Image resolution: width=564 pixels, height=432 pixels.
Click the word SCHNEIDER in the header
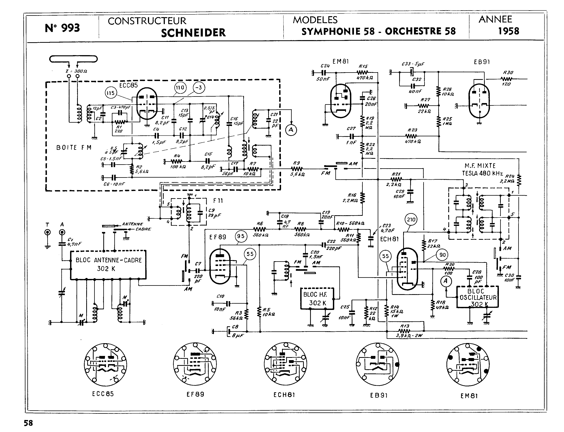(193, 33)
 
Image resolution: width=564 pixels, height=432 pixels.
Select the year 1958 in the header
(509, 31)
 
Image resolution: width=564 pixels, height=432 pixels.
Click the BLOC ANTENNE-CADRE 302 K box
(108, 265)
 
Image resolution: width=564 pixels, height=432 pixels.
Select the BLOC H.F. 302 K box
(318, 299)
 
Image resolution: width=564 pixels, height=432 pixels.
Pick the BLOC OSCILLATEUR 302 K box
(477, 297)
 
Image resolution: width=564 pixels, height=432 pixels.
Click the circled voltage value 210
(411, 220)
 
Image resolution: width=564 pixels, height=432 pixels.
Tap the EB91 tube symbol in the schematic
(479, 101)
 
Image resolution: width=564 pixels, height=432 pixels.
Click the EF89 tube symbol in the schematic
(220, 266)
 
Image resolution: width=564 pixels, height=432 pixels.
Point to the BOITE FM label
(74, 148)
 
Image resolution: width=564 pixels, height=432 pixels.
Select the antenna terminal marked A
(62, 233)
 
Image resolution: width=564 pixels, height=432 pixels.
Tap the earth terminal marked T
(47, 233)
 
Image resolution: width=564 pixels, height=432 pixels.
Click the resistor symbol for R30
(507, 79)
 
